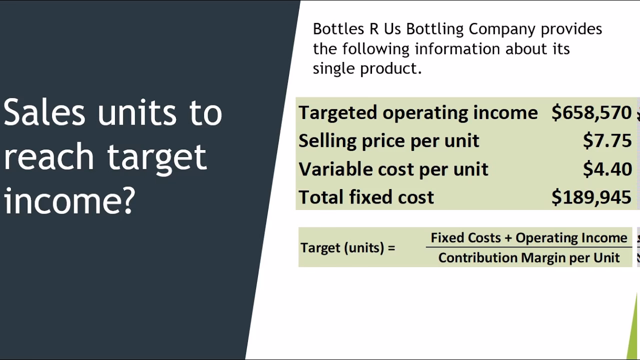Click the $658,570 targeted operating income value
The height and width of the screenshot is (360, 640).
click(x=591, y=112)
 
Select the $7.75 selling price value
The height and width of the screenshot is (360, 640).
click(x=607, y=141)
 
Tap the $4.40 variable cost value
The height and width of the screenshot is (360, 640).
click(x=607, y=169)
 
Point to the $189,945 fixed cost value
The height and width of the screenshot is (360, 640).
click(x=591, y=197)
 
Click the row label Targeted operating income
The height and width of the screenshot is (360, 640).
click(x=418, y=112)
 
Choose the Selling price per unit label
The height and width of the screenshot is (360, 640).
click(x=388, y=141)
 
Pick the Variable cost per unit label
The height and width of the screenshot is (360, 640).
click(x=393, y=169)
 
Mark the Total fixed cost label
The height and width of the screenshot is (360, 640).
click(x=366, y=197)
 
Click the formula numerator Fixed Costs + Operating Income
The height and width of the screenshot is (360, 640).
click(x=528, y=238)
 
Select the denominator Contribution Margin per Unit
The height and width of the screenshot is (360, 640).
click(x=528, y=257)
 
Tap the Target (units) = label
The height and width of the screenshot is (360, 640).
click(x=347, y=247)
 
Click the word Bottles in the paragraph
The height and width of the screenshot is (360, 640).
click(x=338, y=29)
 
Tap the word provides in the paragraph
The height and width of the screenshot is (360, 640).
click(x=571, y=29)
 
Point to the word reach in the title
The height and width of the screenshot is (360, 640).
click(x=48, y=156)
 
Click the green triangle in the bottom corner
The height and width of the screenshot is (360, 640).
click(x=634, y=335)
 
